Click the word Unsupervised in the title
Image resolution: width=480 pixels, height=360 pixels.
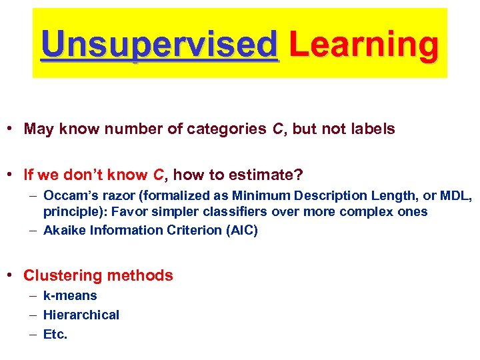[x=159, y=45]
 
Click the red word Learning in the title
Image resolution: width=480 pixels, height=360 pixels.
[x=364, y=45]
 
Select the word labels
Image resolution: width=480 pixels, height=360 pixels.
[x=371, y=129]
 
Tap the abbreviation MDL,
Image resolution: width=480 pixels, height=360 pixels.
[x=455, y=196]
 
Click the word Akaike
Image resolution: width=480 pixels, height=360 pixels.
[x=65, y=231]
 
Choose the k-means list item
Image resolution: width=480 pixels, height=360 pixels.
[x=70, y=296]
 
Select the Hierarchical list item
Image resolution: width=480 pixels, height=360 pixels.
[x=81, y=315]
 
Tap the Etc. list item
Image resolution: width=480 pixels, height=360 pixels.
[x=55, y=335]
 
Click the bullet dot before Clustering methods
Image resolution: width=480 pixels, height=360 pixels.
[x=13, y=275]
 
